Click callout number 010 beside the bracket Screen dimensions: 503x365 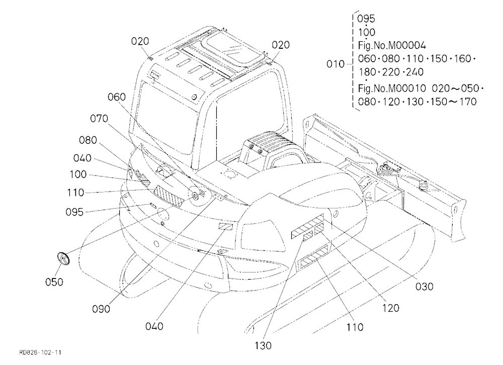(x=335, y=64)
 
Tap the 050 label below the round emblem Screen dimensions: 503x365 (x=54, y=282)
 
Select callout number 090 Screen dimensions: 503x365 (x=101, y=309)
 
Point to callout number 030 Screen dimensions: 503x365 (x=424, y=287)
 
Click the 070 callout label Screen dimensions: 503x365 (x=99, y=119)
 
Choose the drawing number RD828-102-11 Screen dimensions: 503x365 (x=40, y=352)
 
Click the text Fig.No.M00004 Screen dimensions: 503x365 (x=392, y=46)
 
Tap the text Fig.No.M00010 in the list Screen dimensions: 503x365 (x=392, y=88)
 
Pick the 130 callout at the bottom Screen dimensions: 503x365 (x=263, y=345)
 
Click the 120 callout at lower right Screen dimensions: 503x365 (x=391, y=308)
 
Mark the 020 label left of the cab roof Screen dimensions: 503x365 (x=140, y=41)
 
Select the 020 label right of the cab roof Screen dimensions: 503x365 (x=281, y=45)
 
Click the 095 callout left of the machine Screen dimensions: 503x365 (x=74, y=212)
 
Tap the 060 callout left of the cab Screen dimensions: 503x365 (x=117, y=97)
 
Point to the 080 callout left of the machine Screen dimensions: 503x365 (x=88, y=140)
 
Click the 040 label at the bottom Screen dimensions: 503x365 (x=154, y=326)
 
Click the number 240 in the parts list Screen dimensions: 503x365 (x=414, y=72)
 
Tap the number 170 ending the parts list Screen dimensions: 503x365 (x=468, y=102)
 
